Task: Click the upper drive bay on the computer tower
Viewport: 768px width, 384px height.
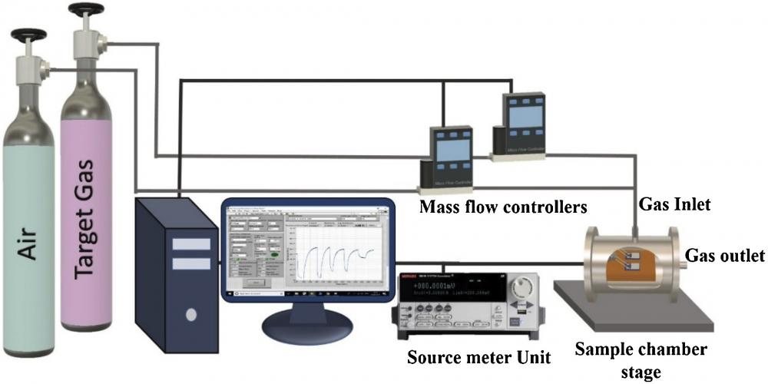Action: click(x=189, y=244)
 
